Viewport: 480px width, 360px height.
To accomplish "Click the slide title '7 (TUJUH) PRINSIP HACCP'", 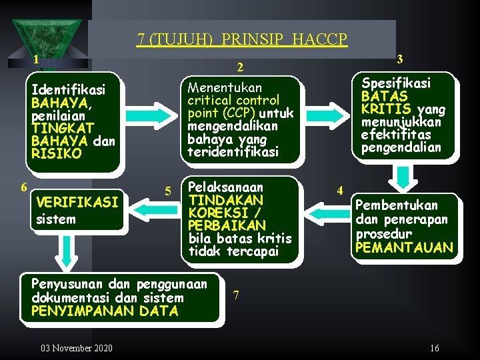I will point(242,39).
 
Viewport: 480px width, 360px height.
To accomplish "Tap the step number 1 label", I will point(36,59).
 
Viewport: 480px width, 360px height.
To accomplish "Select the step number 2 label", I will point(241,67).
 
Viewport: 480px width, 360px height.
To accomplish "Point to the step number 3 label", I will point(399,59).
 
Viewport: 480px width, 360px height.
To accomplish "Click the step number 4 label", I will point(340,191).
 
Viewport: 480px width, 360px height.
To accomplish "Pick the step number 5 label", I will point(169,193).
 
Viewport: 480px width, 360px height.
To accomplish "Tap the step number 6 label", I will point(24,187).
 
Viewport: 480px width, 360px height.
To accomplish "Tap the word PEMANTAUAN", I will point(404,248).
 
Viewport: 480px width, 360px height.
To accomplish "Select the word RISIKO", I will point(56,153).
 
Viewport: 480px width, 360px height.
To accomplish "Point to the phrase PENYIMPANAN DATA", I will point(105,311).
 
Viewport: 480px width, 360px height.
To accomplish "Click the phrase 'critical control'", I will point(233,100).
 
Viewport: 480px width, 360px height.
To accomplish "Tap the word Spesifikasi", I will point(396,83).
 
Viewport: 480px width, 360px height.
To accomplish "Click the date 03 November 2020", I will point(77,348).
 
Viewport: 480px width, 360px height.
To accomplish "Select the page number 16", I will point(434,348).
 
